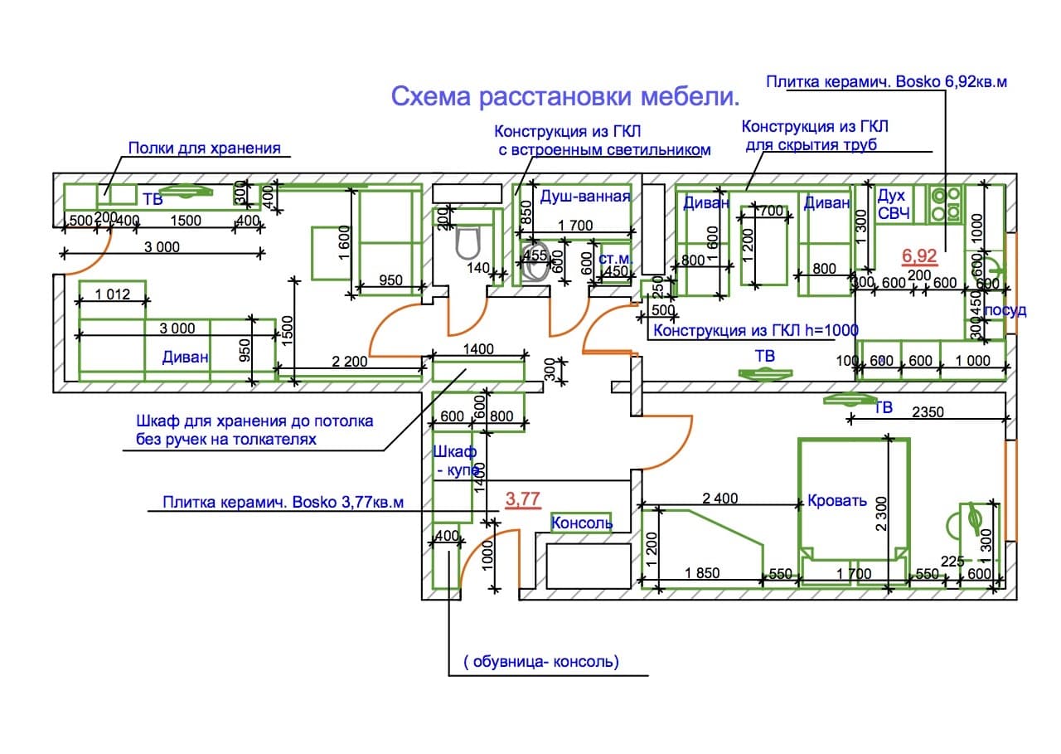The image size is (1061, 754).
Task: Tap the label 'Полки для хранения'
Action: (x=204, y=148)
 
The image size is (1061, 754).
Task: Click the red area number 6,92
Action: (x=919, y=256)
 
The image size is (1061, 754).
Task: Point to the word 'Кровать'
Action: (x=837, y=501)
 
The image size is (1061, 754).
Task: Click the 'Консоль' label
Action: (x=582, y=523)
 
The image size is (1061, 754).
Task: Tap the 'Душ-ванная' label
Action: (x=586, y=197)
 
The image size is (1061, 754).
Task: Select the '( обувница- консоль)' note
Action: (x=541, y=662)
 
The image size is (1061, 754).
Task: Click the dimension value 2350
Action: (x=928, y=411)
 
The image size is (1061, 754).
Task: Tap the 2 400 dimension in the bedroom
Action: (x=719, y=499)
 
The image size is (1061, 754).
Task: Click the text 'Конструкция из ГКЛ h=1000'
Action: (x=755, y=330)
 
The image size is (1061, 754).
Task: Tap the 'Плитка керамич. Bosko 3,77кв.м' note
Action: (x=283, y=503)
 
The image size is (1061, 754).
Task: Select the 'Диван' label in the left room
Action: (x=187, y=358)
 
